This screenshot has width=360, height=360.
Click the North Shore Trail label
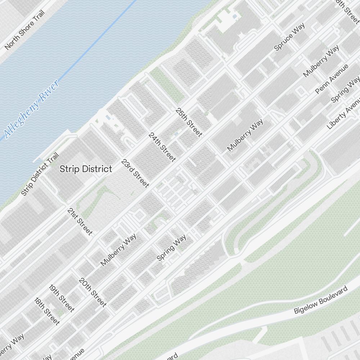coord(24,30)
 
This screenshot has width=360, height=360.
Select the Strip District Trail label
coord(40,175)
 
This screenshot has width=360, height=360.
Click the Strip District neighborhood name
coord(86,169)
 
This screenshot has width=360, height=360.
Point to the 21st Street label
coord(80,221)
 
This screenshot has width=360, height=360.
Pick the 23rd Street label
coord(135,173)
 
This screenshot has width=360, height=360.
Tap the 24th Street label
coord(162,147)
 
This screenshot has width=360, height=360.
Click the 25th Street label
coord(189,122)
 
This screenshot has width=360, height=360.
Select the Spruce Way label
coord(289,36)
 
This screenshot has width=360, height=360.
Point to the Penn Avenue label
coord(332,79)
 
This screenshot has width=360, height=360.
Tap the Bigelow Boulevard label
coord(321,300)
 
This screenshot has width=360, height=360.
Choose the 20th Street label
coord(93,292)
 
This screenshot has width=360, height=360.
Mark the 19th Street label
coord(62,298)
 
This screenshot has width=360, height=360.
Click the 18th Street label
coord(46,311)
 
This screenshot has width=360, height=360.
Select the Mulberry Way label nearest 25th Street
coord(245,135)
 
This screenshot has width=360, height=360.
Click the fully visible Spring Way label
coord(171,247)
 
